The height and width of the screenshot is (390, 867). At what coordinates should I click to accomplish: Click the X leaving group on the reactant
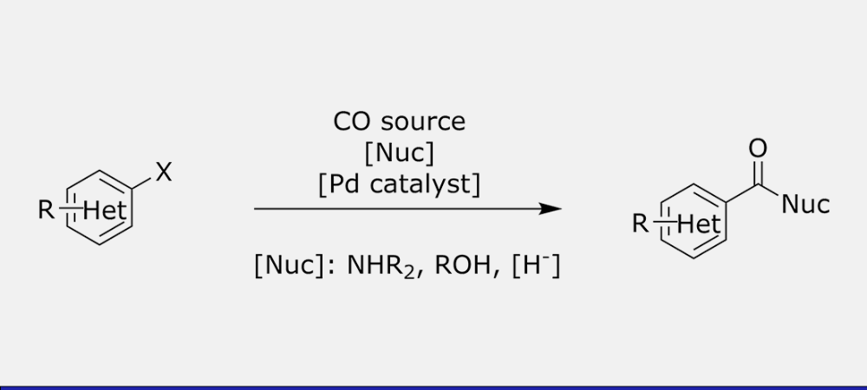click(164, 172)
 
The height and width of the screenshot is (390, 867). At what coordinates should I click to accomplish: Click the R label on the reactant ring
click(47, 210)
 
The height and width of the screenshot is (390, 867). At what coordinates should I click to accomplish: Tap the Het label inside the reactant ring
click(105, 211)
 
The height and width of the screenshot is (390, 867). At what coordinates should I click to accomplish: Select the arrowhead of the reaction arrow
click(551, 209)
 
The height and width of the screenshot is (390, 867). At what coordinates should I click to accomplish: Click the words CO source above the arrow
click(399, 121)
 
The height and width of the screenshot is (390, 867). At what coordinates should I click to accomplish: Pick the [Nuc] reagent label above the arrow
click(399, 153)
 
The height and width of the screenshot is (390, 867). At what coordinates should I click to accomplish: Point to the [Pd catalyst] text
click(399, 184)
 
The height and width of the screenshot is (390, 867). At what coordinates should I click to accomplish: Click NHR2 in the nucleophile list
click(381, 266)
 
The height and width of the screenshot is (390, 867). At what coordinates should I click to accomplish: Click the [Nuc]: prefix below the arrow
click(296, 266)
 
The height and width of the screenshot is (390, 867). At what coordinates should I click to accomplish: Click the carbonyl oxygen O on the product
click(758, 148)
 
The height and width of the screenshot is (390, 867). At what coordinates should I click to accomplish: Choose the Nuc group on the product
click(805, 205)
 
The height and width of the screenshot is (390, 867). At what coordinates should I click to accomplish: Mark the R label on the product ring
click(641, 224)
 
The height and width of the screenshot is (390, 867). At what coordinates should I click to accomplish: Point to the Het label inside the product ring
click(699, 224)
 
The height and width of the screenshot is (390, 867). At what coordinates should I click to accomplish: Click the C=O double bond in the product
click(759, 172)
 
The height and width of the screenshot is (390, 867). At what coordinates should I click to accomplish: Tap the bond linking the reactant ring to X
click(141, 185)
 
